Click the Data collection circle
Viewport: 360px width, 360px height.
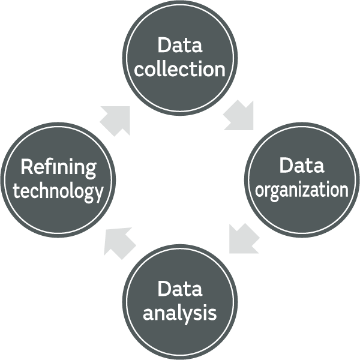180,57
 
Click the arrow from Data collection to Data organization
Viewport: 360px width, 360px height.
239,116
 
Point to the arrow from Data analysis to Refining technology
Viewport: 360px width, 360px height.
120,242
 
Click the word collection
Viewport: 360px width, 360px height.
180,69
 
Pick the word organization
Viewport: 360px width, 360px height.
302,190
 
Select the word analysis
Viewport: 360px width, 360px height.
180,313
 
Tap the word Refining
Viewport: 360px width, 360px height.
58,168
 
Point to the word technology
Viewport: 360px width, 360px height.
58,192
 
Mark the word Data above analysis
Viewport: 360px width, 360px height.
180,289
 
